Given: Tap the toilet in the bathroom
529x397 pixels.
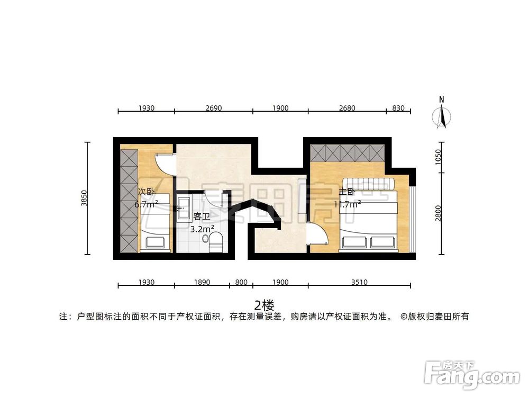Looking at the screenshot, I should [216, 242].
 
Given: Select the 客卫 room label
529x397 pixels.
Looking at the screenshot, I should [202, 216].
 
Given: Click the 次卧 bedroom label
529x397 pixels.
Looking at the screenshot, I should [147, 192].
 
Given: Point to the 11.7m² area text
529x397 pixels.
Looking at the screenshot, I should [347, 203].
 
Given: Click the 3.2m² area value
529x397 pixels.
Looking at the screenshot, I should [202, 229].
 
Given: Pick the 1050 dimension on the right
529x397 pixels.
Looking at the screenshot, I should [438, 157].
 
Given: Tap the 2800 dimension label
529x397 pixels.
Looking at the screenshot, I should [438, 214].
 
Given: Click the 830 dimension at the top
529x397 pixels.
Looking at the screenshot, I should [398, 108].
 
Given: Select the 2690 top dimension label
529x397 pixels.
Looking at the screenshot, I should [213, 108].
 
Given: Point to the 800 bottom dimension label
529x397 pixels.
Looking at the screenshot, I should [241, 282].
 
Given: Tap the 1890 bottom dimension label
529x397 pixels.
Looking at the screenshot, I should [202, 282].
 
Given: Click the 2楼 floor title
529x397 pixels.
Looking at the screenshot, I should [264, 305].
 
